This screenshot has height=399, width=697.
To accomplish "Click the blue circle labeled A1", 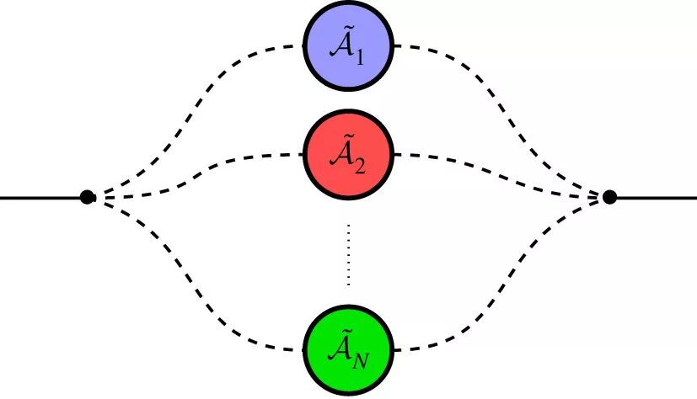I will (x=348, y=46).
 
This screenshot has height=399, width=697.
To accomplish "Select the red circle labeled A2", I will (x=348, y=155).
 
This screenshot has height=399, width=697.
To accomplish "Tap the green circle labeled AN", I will (x=348, y=348).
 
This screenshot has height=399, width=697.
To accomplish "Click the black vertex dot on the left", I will (x=86, y=198).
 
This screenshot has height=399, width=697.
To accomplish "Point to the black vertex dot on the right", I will (x=610, y=198).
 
